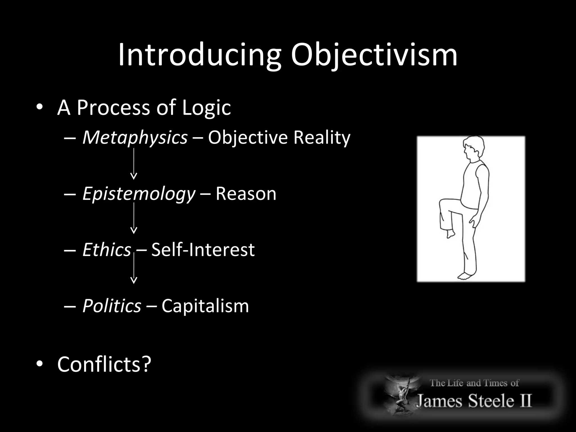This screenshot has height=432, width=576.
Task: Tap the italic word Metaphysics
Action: (x=135, y=138)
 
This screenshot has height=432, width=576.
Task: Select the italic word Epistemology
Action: (x=139, y=194)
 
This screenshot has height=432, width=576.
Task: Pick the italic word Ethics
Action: (x=107, y=250)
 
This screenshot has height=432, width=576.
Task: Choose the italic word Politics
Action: (x=112, y=306)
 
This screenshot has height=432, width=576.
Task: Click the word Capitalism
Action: (x=205, y=306)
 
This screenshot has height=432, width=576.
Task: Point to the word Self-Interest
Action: (x=203, y=250)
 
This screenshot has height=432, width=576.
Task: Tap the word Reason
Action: (x=246, y=194)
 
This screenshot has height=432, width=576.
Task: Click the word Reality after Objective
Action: (x=322, y=138)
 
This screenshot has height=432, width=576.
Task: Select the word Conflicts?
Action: (x=104, y=364)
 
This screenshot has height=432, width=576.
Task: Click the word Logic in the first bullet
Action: (x=206, y=108)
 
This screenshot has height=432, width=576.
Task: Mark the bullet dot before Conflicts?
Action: (x=39, y=364)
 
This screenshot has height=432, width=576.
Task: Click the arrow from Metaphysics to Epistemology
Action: (x=134, y=164)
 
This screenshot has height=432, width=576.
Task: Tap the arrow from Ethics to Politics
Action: (x=134, y=268)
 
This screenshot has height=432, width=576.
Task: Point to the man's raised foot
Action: (x=451, y=233)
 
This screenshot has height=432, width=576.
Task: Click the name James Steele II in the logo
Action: (x=474, y=400)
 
